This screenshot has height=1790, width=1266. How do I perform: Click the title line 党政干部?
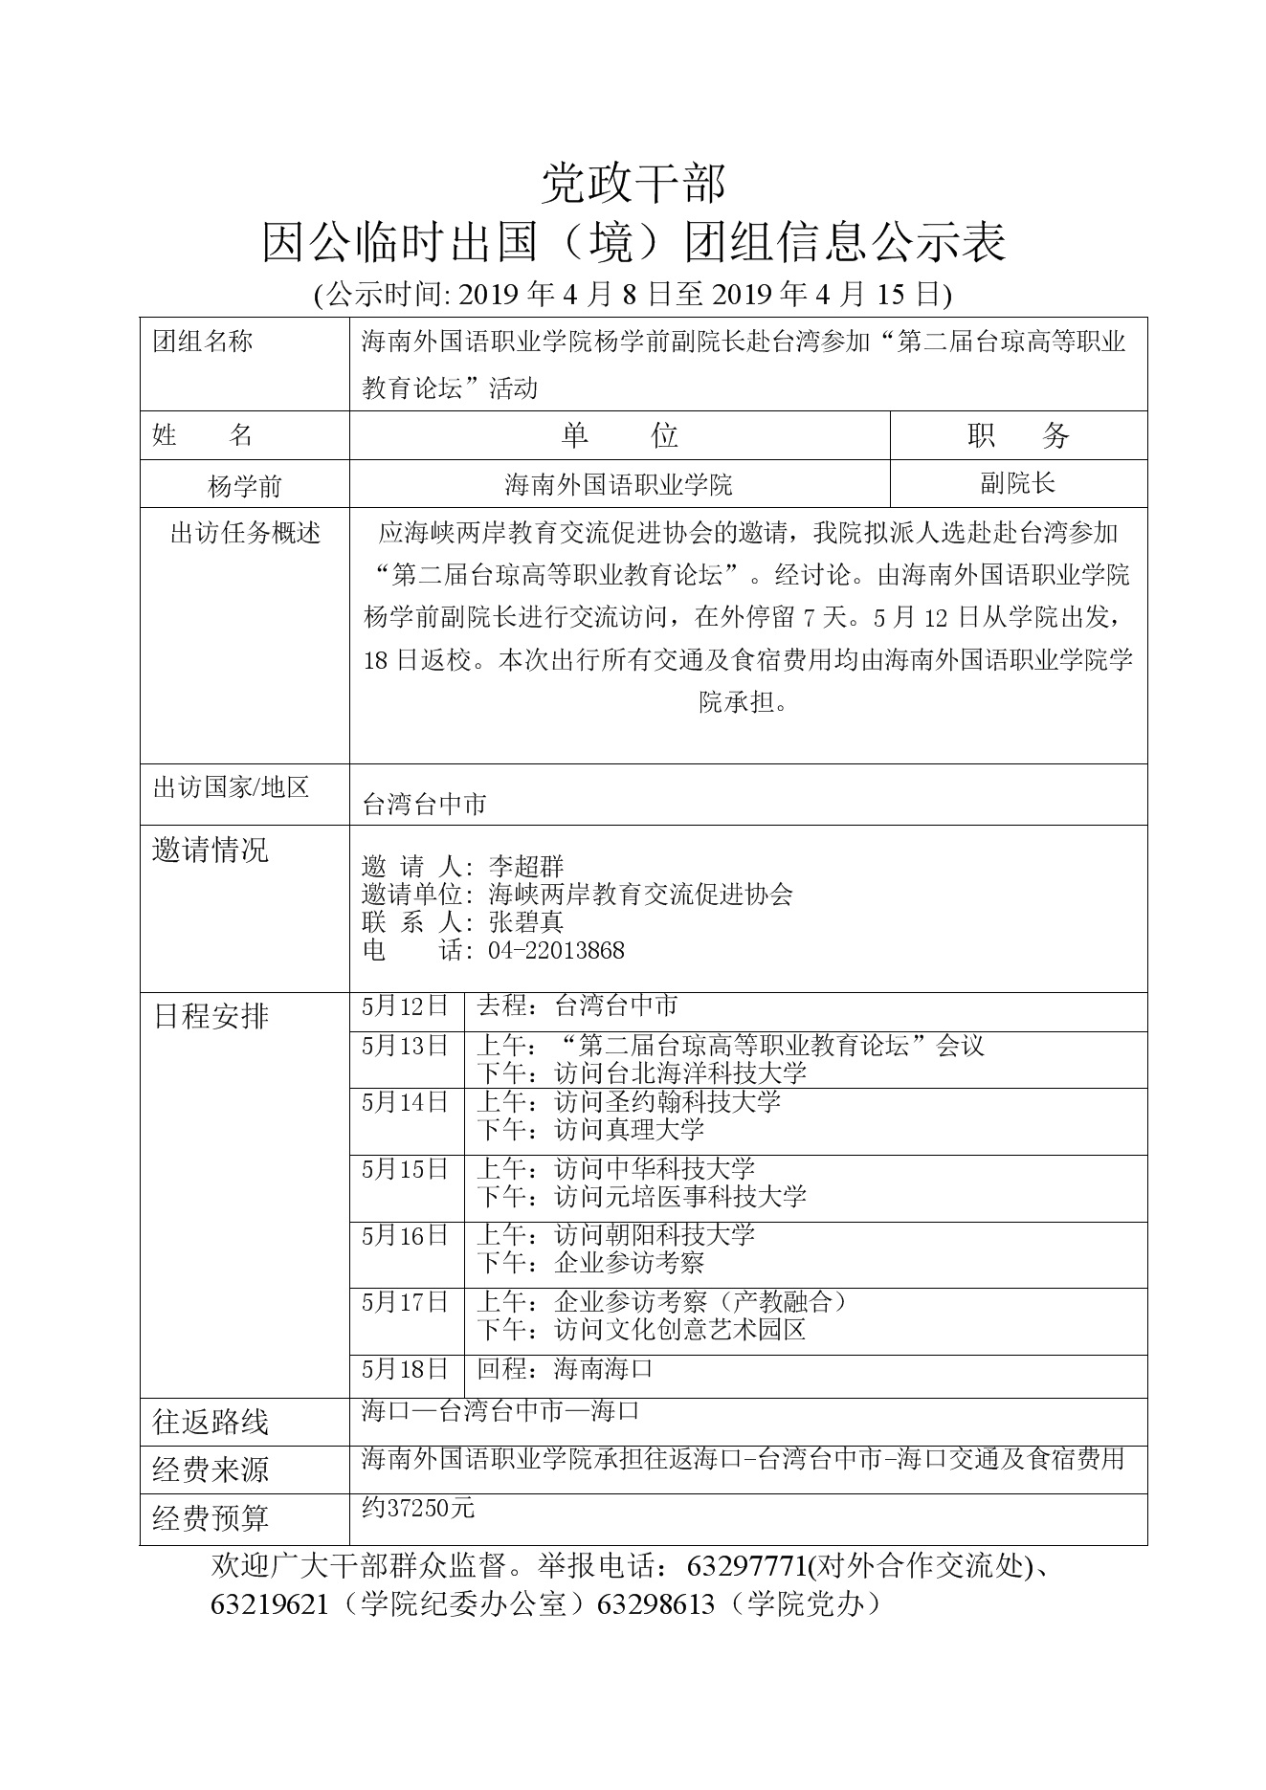pyautogui.click(x=633, y=183)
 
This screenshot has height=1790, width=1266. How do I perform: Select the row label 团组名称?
pyautogui.click(x=203, y=342)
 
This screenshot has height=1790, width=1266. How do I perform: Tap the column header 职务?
pyautogui.click(x=1017, y=436)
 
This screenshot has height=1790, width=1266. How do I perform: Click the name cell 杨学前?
pyautogui.click(x=245, y=486)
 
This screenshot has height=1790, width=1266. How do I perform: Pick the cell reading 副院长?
pyautogui.click(x=1017, y=483)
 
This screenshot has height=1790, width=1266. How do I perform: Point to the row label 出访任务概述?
pyautogui.click(x=245, y=534)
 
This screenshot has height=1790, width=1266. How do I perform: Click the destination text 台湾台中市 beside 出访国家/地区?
pyautogui.click(x=424, y=805)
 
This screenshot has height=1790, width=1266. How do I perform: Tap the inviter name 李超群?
pyautogui.click(x=526, y=868)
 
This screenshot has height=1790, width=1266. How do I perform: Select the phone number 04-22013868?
pyautogui.click(x=556, y=950)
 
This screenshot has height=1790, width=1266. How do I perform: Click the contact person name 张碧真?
pyautogui.click(x=526, y=922)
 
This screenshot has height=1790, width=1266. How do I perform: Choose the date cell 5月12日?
pyautogui.click(x=406, y=1006)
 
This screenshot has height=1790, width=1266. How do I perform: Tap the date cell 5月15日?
pyautogui.click(x=406, y=1169)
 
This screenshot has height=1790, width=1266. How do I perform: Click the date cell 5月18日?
pyautogui.click(x=406, y=1369)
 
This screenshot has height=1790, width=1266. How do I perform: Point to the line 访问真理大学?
pyautogui.click(x=629, y=1130)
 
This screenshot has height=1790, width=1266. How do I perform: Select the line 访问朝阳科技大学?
pyautogui.click(x=655, y=1235)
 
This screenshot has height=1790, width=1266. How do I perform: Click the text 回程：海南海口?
pyautogui.click(x=565, y=1369)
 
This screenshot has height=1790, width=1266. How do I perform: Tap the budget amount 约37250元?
pyautogui.click(x=418, y=1509)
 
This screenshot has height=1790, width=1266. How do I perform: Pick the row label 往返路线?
pyautogui.click(x=211, y=1423)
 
